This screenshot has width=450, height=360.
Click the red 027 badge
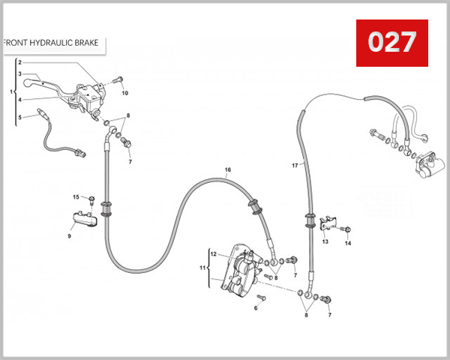pyautogui.click(x=391, y=43)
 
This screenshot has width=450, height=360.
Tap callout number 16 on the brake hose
pyautogui.click(x=228, y=170)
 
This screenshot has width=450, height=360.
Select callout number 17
pyautogui.click(x=295, y=165)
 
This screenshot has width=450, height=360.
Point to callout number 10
pyautogui.click(x=125, y=93)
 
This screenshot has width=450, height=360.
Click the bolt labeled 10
pyautogui.click(x=117, y=80)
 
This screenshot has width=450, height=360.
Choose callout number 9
pyautogui.click(x=69, y=236)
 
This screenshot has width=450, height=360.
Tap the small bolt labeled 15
pyautogui.click(x=91, y=199)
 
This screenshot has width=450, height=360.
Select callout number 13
pyautogui.click(x=325, y=242)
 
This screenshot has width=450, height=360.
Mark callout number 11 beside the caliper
pyautogui.click(x=202, y=267)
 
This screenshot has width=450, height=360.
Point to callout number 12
pyautogui.click(x=213, y=254)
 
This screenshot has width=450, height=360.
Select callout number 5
pyautogui.click(x=19, y=116)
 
